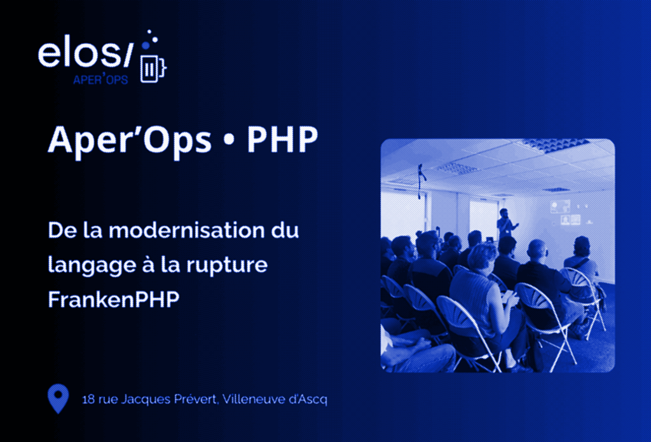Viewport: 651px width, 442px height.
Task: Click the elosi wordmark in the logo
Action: [85, 55]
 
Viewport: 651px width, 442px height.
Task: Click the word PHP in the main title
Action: [282, 141]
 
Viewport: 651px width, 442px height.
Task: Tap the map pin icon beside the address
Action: [58, 398]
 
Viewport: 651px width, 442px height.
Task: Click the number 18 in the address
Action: [88, 400]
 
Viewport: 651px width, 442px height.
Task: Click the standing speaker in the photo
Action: [504, 222]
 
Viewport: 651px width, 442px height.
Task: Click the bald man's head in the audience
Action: [537, 248]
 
